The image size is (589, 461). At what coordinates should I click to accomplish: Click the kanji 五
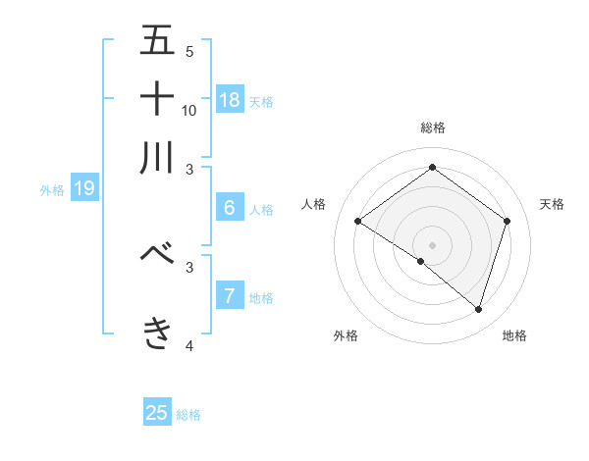[x=157, y=40]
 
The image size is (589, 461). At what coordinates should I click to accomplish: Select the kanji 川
[x=157, y=157]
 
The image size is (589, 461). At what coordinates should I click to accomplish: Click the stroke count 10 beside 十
[x=189, y=110]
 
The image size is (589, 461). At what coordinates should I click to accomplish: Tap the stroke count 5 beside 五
[x=189, y=51]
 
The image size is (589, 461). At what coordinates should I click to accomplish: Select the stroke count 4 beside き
[x=189, y=345]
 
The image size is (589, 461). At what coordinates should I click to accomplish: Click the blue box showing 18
[x=230, y=100]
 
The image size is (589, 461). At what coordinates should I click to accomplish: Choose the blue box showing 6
[x=230, y=207]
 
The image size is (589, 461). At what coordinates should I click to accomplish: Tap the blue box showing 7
[x=230, y=295]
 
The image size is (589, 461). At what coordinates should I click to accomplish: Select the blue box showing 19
[x=84, y=188]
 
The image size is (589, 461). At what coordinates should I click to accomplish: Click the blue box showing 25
[x=157, y=413]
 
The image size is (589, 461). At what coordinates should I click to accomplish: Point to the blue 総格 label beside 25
[x=188, y=415]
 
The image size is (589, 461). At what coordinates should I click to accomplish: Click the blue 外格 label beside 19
[x=51, y=190]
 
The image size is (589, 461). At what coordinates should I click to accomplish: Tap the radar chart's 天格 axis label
[x=552, y=204]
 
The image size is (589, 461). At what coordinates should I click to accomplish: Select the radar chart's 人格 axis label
[x=314, y=204]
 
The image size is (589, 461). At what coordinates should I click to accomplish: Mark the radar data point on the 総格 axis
[x=432, y=168]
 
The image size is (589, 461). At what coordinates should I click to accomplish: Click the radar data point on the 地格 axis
[x=478, y=309]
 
